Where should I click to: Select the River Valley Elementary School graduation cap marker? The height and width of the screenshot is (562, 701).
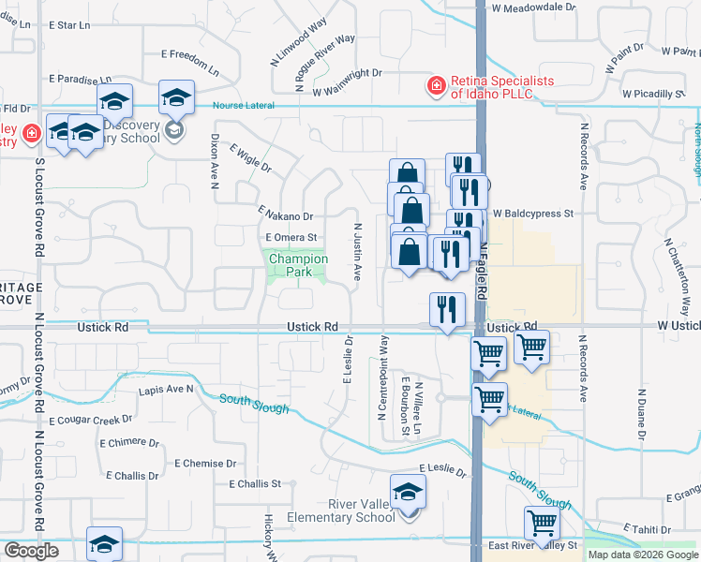click(409, 492)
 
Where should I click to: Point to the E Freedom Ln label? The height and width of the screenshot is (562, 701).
click(190, 64)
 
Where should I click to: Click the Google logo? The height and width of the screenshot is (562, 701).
click(31, 552)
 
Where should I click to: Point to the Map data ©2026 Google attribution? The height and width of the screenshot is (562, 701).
click(643, 555)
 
